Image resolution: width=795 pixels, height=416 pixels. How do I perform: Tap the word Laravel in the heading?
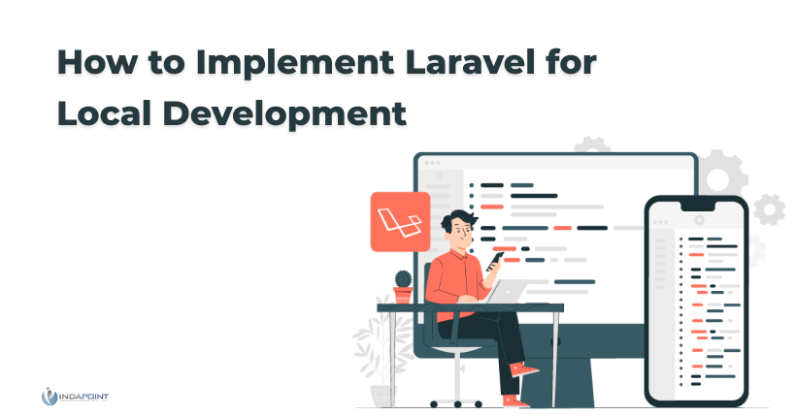[x=456, y=63]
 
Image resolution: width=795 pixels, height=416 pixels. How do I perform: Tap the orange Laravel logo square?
[x=399, y=221]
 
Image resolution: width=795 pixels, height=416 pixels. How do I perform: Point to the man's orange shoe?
[x=525, y=369]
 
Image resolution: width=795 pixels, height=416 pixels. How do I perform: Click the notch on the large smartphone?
[x=699, y=206]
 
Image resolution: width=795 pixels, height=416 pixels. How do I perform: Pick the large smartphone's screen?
[x=697, y=301]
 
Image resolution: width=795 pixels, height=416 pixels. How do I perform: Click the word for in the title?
[x=567, y=63]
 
